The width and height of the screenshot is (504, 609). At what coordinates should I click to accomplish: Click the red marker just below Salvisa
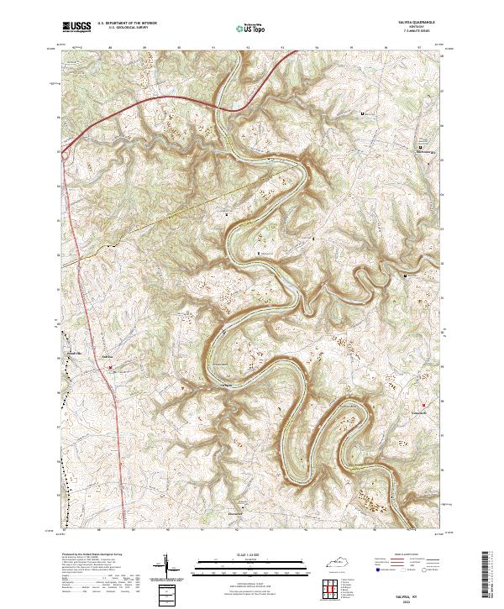(x=109, y=367)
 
